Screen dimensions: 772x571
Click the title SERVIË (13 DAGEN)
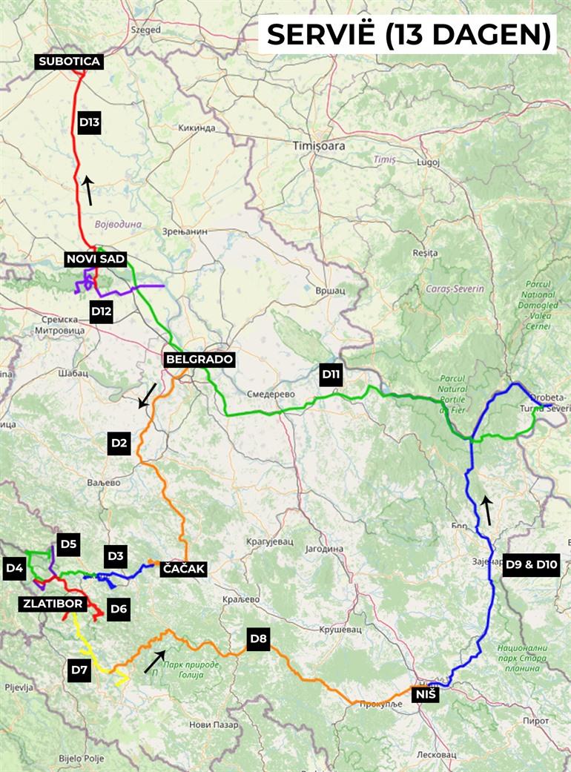pyautogui.click(x=407, y=34)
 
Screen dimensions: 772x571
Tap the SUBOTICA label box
pyautogui.click(x=69, y=62)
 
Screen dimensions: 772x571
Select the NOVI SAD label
pyautogui.click(x=96, y=259)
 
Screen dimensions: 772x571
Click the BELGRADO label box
pyautogui.click(x=199, y=360)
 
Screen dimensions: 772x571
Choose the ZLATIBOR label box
pyautogui.click(x=53, y=604)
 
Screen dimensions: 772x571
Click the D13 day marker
pyautogui.click(x=89, y=122)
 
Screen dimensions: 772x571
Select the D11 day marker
pyautogui.click(x=331, y=375)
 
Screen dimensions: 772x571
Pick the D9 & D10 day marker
pyautogui.click(x=531, y=565)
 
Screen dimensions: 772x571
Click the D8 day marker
pyautogui.click(x=258, y=639)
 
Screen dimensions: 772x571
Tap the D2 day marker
pyautogui.click(x=119, y=443)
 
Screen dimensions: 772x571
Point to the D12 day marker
pyautogui.click(x=101, y=311)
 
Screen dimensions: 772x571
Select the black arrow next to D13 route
pyautogui.click(x=88, y=191)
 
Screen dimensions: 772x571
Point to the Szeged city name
pyautogui.click(x=145, y=30)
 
